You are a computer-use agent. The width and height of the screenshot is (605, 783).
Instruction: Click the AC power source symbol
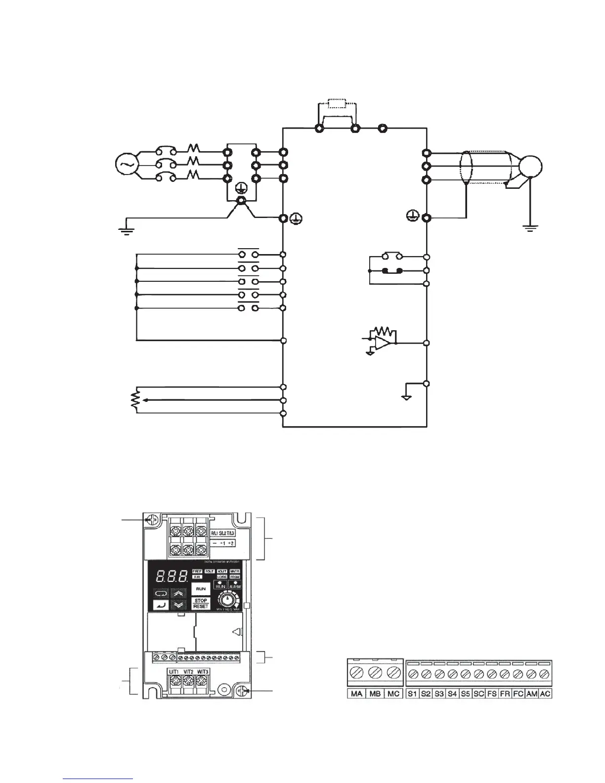[x=124, y=165]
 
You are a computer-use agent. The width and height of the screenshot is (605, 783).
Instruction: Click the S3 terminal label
[x=439, y=694]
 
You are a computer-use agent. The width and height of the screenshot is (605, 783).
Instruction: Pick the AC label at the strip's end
[x=545, y=694]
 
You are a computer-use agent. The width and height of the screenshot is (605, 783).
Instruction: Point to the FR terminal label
[x=505, y=694]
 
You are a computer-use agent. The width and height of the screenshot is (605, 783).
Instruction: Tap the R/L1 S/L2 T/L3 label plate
[x=223, y=533]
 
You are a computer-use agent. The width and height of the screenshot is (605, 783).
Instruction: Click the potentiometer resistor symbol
[x=133, y=399]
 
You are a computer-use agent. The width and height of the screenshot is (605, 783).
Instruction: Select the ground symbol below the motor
[x=530, y=228]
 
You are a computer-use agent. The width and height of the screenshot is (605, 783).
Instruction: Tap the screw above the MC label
[x=393, y=673]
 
